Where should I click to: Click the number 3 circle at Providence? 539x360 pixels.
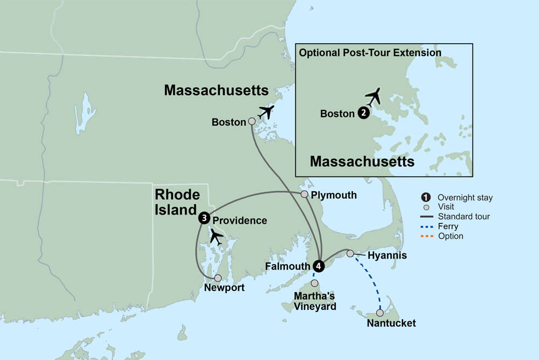(x=204, y=218)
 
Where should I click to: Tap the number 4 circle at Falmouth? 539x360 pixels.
(x=319, y=266)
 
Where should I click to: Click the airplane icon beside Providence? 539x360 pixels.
(x=217, y=236)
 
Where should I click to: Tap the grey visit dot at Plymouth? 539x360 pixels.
(x=304, y=194)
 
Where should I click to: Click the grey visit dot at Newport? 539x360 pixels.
(x=218, y=278)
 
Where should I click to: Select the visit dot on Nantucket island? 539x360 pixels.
(x=380, y=313)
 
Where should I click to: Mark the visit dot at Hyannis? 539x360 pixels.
(x=350, y=253)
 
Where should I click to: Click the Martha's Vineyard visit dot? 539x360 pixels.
(x=315, y=283)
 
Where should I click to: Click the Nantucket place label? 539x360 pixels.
(x=391, y=323)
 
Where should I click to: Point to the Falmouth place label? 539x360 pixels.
(x=288, y=266)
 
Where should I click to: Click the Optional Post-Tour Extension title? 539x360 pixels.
(x=370, y=53)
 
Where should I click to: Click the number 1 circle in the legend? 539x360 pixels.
(x=426, y=197)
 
